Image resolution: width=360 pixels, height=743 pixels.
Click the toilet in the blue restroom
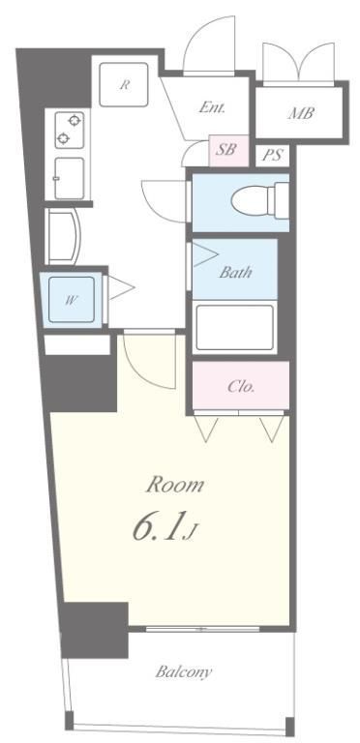click(x=260, y=201)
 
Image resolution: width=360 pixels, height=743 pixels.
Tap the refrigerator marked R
click(x=124, y=85)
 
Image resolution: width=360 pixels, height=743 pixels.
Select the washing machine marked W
click(x=72, y=300)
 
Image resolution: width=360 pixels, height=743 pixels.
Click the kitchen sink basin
click(x=69, y=178)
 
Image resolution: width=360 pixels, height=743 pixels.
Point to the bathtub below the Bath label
click(x=235, y=328)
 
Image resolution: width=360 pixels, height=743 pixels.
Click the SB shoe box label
click(x=225, y=150)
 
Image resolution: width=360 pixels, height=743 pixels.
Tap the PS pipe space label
click(x=272, y=155)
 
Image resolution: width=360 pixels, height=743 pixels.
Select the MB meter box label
click(x=301, y=113)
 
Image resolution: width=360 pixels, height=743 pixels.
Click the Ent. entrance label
click(x=212, y=107)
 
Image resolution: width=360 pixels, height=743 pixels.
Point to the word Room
click(x=175, y=485)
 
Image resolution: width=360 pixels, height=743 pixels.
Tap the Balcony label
click(x=184, y=672)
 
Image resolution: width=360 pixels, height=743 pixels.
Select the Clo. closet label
click(x=241, y=386)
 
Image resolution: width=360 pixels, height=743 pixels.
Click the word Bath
click(x=235, y=273)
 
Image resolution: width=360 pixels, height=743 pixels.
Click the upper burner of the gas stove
click(x=75, y=120)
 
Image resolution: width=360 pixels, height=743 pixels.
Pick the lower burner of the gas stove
click(x=63, y=139)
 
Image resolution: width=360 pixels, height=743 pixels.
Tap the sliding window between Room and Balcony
click(x=202, y=629)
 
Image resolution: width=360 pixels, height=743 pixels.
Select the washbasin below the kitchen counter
click(x=64, y=236)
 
